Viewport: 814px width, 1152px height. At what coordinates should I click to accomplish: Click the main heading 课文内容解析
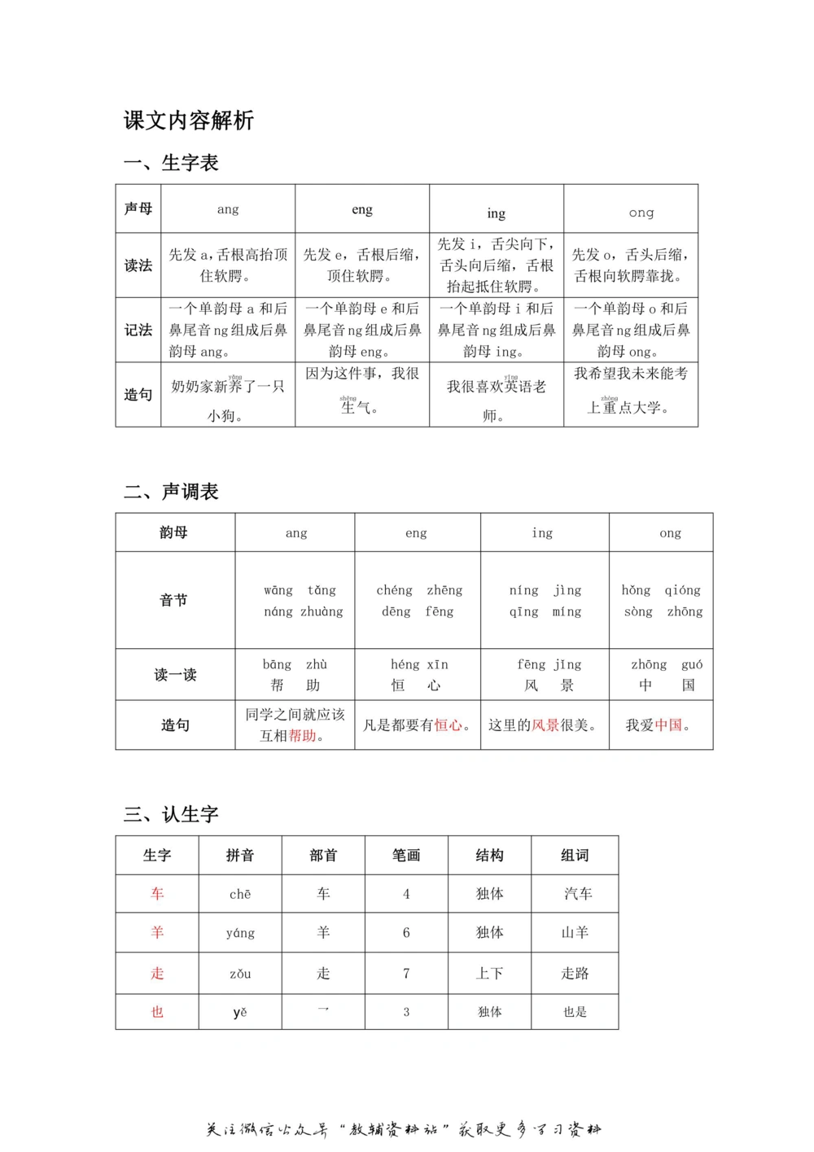click(189, 120)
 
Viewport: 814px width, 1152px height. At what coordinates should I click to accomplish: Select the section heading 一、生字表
click(172, 163)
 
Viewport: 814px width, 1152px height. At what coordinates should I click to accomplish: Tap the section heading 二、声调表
click(172, 492)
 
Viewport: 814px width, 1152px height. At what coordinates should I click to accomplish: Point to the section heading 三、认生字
click(172, 814)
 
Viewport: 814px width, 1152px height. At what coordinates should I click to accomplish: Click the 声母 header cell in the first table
click(138, 208)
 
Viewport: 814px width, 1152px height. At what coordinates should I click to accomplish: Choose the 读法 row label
click(138, 265)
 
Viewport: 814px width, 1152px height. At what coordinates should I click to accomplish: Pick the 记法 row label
click(138, 330)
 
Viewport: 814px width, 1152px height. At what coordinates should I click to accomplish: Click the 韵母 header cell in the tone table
click(174, 532)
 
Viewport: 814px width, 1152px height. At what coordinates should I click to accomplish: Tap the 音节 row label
click(174, 600)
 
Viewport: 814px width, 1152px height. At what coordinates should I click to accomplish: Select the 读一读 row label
click(175, 674)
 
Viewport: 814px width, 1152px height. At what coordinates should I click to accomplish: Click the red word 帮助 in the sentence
click(302, 736)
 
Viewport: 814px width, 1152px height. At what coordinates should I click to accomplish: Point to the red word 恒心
click(448, 725)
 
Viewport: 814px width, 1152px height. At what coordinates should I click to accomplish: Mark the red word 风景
click(545, 725)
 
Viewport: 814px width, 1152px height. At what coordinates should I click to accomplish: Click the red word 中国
click(668, 725)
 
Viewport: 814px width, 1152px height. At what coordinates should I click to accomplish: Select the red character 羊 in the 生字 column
click(157, 932)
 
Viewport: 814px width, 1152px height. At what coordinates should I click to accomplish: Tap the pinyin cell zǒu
click(240, 974)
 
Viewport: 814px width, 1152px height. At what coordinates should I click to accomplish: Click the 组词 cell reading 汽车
click(578, 894)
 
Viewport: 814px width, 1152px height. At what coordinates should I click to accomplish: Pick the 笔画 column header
click(406, 855)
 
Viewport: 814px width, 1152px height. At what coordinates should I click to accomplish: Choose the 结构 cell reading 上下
click(489, 974)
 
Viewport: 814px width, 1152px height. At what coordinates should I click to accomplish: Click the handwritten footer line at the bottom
click(404, 1129)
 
